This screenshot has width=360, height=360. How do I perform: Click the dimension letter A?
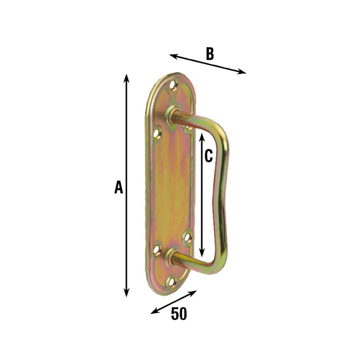coord(119,187)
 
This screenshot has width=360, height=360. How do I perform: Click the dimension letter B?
coord(210,54)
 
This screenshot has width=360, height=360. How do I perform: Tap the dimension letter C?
coord(208,156)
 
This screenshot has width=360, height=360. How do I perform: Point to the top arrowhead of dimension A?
coord(126,78)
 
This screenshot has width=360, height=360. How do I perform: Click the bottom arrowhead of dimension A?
coord(126,293)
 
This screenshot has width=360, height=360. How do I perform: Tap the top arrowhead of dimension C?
coord(202,137)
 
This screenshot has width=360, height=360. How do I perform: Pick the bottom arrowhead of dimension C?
coord(202,252)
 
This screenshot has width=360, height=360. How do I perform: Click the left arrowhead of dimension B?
coord(174,56)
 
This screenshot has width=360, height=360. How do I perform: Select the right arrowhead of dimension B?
coord(242,72)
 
